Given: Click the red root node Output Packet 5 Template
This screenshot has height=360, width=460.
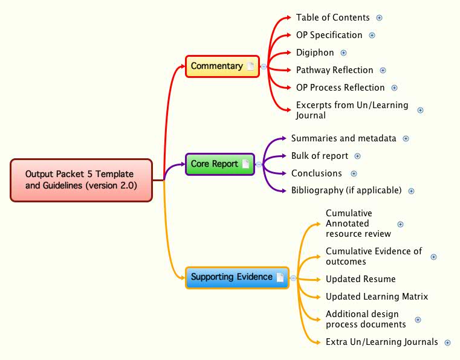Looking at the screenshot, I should click(82, 180).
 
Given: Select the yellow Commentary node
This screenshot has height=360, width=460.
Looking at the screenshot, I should click(217, 66).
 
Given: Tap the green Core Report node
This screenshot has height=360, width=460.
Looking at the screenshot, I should click(215, 164).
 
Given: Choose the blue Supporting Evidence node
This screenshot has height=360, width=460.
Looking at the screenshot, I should click(232, 277).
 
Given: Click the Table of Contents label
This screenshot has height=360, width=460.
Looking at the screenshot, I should click(332, 18).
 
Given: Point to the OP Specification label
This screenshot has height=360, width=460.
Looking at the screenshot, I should click(329, 35).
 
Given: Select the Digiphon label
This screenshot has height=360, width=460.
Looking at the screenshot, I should click(314, 53).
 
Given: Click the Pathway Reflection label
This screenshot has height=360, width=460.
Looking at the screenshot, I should click(334, 70).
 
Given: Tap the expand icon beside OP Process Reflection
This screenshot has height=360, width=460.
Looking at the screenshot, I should click(395, 88).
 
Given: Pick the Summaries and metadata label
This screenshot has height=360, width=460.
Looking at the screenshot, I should click(343, 138).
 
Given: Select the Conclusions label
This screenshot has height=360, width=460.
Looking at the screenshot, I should click(316, 173).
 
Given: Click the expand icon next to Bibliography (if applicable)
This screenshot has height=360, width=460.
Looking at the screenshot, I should click(411, 191).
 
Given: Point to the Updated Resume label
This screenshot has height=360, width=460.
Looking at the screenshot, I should click(360, 279).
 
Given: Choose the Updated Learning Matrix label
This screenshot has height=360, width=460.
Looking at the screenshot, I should click(377, 297).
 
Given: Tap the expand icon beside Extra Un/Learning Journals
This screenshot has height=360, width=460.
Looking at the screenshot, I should click(447, 342).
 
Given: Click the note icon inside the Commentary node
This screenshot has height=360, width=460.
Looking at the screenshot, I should click(250, 66).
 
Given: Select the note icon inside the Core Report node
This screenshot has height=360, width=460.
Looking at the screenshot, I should click(245, 164).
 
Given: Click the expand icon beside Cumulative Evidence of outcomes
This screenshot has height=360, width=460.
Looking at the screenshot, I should click(433, 257).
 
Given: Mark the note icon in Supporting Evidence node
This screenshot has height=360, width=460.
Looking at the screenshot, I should click(280, 277).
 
